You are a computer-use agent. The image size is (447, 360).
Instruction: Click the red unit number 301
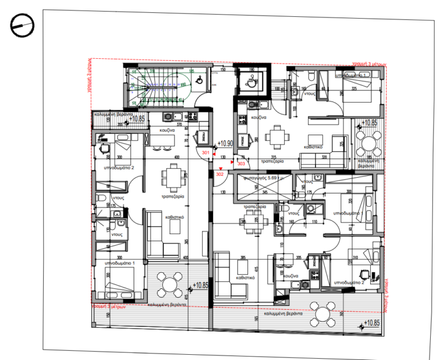point(205,153)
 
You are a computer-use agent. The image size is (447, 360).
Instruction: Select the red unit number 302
point(219,174)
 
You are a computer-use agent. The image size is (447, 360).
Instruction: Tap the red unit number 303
point(242,164)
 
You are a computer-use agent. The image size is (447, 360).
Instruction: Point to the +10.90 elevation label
point(225,143)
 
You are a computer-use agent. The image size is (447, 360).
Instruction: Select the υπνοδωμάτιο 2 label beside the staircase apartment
point(119,168)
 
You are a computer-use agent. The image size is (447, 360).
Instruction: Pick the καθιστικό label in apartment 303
point(315,147)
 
